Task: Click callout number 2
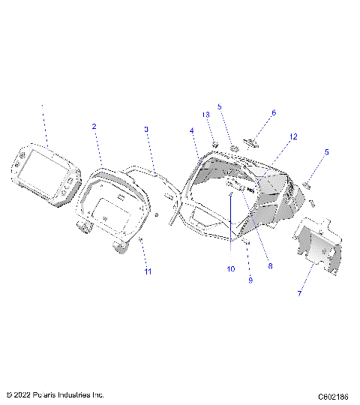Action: (94, 127)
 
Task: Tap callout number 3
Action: (147, 129)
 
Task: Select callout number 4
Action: (192, 130)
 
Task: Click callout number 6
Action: (274, 112)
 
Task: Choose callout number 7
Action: (299, 293)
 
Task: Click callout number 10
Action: (230, 268)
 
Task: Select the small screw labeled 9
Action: (247, 243)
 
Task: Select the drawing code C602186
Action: (334, 394)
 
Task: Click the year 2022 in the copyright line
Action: (25, 394)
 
